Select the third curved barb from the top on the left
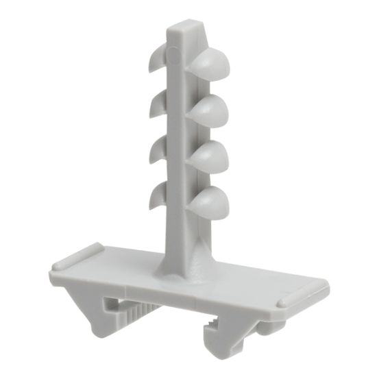click(x=156, y=147)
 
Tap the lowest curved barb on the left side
click(x=156, y=193)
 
